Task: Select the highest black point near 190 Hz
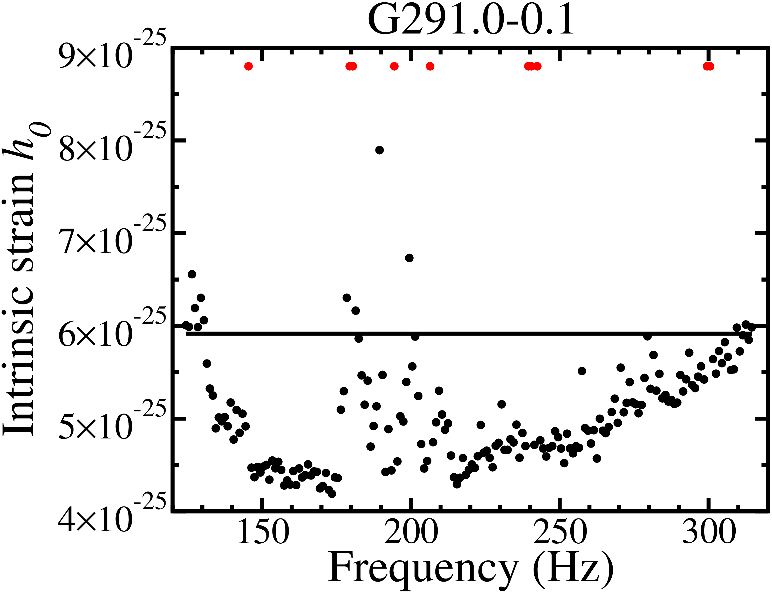click(379, 150)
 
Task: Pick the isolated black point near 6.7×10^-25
click(409, 258)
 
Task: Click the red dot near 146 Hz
click(249, 66)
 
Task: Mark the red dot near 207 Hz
click(430, 66)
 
